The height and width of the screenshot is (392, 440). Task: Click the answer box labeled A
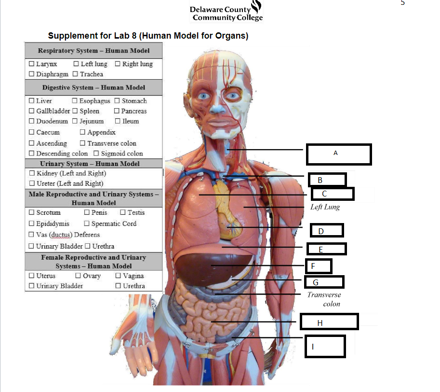pyautogui.click(x=338, y=154)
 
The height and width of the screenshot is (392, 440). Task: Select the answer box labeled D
pyautogui.click(x=326, y=231)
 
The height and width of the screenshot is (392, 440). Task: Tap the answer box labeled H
pyautogui.click(x=329, y=322)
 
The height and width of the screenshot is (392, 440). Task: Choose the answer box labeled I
pyautogui.click(x=325, y=346)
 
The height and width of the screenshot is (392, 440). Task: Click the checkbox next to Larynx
pyautogui.click(x=32, y=64)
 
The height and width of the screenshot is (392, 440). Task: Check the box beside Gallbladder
pyautogui.click(x=32, y=111)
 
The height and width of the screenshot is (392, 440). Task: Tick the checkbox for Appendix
pyautogui.click(x=83, y=132)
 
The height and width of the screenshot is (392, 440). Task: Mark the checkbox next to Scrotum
pyautogui.click(x=32, y=212)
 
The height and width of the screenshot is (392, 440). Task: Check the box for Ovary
pyautogui.click(x=79, y=276)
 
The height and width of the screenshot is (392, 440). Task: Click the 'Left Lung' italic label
pyautogui.click(x=325, y=207)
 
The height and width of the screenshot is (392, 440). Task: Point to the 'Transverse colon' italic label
pyautogui.click(x=324, y=299)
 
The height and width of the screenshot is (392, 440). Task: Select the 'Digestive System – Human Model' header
pyautogui.click(x=93, y=87)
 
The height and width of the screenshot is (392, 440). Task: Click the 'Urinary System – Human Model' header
pyautogui.click(x=93, y=164)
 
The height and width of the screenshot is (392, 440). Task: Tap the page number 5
pyautogui.click(x=403, y=3)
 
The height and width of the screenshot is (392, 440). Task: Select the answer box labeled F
pyautogui.click(x=318, y=266)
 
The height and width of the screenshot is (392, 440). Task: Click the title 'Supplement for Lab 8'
pyautogui.click(x=148, y=36)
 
